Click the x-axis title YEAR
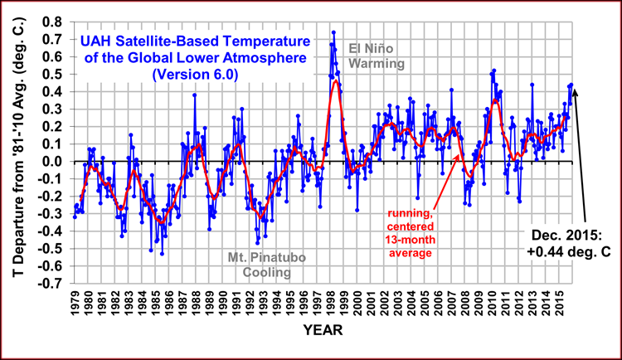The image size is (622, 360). click(318, 330)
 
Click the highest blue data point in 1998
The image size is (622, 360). click(333, 32)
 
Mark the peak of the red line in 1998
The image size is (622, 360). click(336, 80)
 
